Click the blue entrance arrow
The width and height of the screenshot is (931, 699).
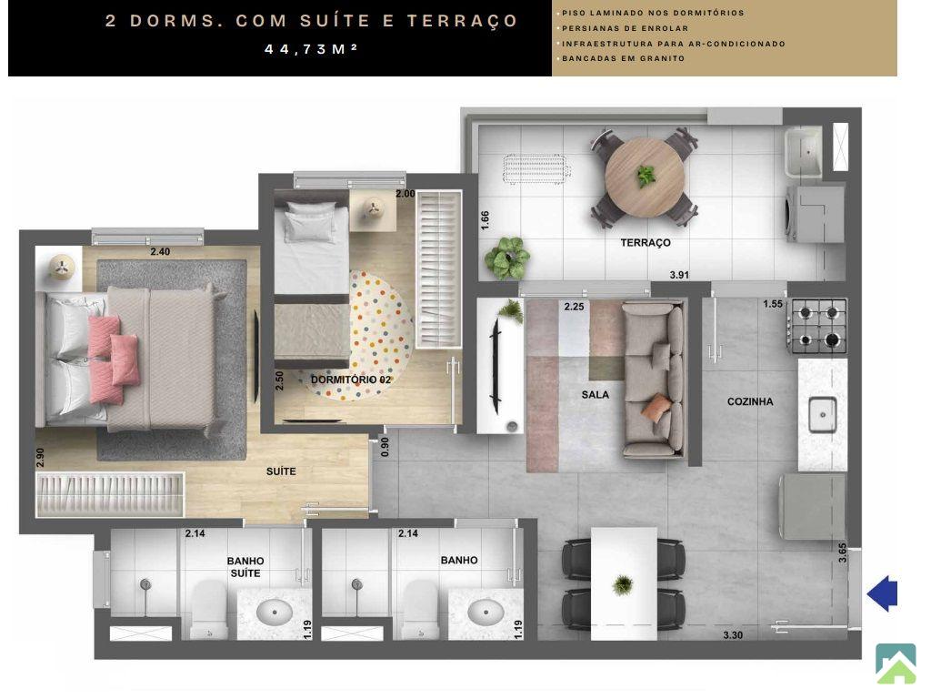(x=883, y=593)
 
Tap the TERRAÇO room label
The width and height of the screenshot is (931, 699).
(x=646, y=242)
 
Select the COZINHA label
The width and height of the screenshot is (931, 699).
(x=750, y=401)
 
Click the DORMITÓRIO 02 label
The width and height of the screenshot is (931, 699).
(x=351, y=380)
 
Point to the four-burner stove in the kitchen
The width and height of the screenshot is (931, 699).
(x=817, y=327)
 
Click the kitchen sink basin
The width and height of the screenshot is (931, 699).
(x=822, y=414)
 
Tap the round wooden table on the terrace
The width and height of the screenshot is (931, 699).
(x=645, y=177)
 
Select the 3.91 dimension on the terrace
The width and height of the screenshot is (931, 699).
(x=679, y=275)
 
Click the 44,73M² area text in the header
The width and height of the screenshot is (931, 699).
(x=311, y=49)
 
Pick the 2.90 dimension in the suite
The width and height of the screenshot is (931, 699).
(x=40, y=457)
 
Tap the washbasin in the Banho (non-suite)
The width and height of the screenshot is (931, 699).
(x=486, y=613)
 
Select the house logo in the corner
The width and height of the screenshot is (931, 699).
(x=896, y=664)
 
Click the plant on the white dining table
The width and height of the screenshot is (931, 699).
(x=623, y=585)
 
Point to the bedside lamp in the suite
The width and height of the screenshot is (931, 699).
(x=59, y=268)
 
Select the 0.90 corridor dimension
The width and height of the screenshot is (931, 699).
(x=385, y=447)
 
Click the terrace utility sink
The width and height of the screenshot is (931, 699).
(x=804, y=152)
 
